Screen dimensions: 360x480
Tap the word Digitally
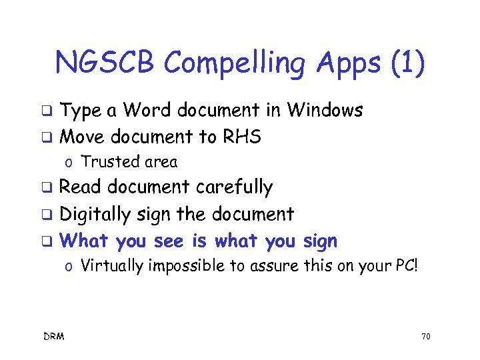(99, 214)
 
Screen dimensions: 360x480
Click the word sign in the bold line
(319, 241)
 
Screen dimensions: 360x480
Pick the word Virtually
(111, 267)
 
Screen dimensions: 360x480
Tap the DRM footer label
(54, 337)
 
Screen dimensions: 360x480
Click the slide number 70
(425, 337)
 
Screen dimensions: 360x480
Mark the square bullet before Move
(47, 138)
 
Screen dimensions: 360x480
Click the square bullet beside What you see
(47, 241)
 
